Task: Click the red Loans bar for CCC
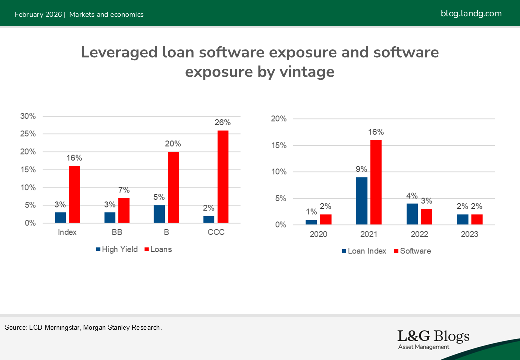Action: coord(223,177)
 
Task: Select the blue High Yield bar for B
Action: coord(159,214)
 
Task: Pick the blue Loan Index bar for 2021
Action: coord(362,201)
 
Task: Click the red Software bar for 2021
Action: coord(376,182)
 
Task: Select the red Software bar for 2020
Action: coord(325,219)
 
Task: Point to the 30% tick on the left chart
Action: coord(28,116)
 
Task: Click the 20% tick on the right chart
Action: coord(279,119)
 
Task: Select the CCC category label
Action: coord(216,233)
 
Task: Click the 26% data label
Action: coord(223,122)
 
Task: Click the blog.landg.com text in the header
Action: coord(471,13)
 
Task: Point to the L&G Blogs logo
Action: coord(433,339)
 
